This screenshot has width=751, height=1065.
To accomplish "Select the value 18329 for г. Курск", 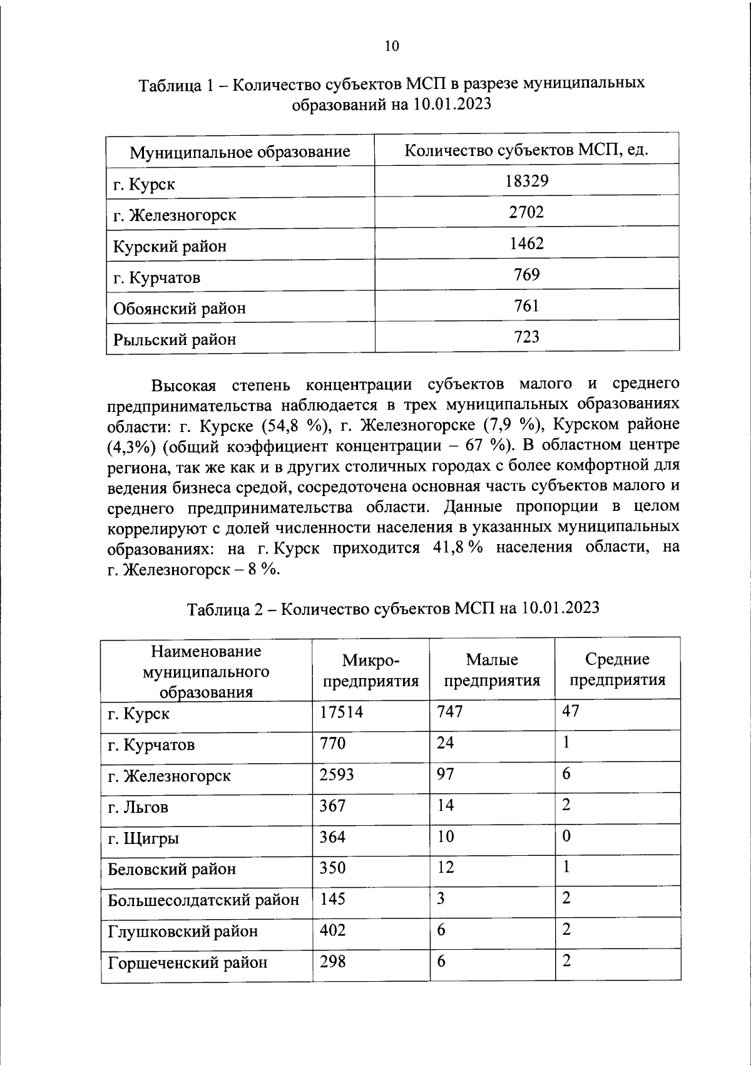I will pyautogui.click(x=526, y=182).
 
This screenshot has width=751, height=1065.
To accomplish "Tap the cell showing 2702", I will pyautogui.click(x=526, y=212).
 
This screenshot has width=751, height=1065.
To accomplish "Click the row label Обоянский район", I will pyautogui.click(x=179, y=309).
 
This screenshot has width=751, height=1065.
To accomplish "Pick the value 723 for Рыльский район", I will pyautogui.click(x=526, y=337).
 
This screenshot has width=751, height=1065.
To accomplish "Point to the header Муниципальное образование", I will pyautogui.click(x=240, y=152).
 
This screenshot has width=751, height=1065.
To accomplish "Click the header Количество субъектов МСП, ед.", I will pyautogui.click(x=526, y=150).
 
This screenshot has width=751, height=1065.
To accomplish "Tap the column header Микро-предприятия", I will pyautogui.click(x=370, y=671).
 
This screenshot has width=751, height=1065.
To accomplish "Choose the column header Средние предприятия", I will pyautogui.click(x=617, y=669).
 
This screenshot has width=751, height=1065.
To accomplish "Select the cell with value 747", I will pyautogui.click(x=449, y=712).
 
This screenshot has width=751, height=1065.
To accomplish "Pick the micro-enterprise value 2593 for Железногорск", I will pyautogui.click(x=337, y=775).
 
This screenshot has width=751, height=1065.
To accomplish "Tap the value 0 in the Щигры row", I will pyautogui.click(x=566, y=836).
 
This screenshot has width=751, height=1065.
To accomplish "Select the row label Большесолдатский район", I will pyautogui.click(x=203, y=900).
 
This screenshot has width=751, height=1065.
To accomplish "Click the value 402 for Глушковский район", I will pyautogui.click(x=332, y=930).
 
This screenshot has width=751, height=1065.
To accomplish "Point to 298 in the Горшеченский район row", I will pyautogui.click(x=332, y=961).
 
